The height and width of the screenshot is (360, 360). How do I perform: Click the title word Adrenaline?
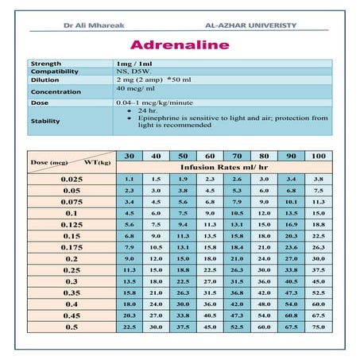tap(179, 45)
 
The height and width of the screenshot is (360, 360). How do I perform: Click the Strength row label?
tap(46, 63)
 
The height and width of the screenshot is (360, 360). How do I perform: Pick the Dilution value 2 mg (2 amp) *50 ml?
tap(153, 81)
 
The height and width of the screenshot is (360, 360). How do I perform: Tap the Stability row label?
tap(45, 121)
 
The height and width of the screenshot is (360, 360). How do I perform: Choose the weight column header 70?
tap(237, 154)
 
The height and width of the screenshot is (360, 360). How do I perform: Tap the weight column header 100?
tap(319, 154)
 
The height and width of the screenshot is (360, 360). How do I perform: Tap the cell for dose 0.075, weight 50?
tap(183, 203)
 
